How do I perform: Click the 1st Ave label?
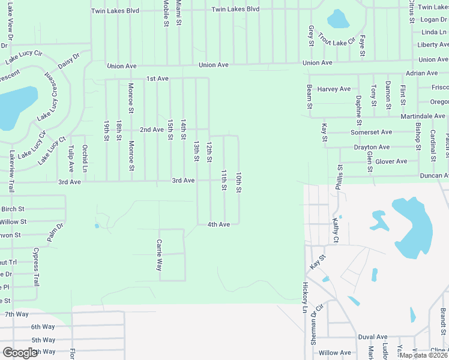pos(158,79)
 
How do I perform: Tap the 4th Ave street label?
pos(218,224)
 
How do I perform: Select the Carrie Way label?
pos(160,255)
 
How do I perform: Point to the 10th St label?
pos(238,182)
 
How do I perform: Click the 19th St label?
pos(106,130)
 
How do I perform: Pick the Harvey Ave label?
pos(334,89)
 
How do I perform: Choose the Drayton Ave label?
pos(372,147)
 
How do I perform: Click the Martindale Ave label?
pos(423,116)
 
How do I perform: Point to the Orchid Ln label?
pos(85,158)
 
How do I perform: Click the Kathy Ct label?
pos(336,231)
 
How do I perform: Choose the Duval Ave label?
pos(373,337)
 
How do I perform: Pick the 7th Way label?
pos(17,314)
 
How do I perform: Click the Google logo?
pos(20,353)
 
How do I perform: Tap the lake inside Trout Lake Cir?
pos(338,19)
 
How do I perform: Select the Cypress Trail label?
pos(37,266)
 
